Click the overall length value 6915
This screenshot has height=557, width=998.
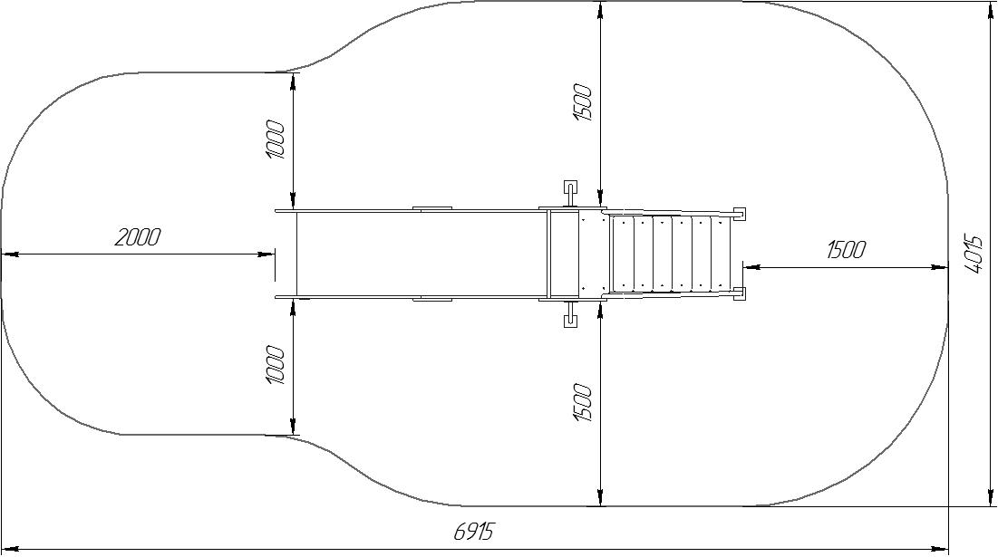click(473, 531)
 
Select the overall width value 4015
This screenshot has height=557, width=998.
click(974, 254)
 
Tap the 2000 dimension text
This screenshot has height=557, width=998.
click(138, 238)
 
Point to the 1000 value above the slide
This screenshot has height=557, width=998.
click(276, 139)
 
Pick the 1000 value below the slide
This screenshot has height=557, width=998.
click(276, 365)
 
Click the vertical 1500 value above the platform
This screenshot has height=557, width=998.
click(583, 102)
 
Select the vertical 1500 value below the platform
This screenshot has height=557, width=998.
click(583, 402)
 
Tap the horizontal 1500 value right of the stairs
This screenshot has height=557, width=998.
click(846, 250)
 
